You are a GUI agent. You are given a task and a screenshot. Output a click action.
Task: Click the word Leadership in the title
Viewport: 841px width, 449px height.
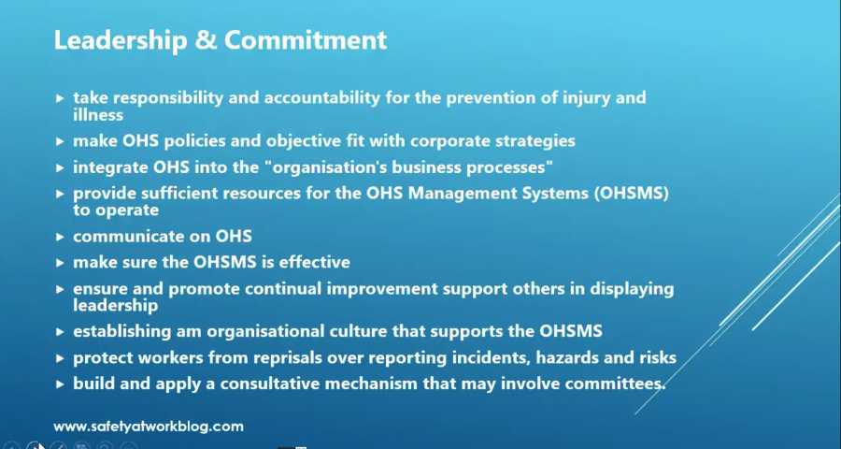[121, 40]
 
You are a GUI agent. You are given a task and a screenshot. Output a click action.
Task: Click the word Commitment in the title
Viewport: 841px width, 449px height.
[306, 39]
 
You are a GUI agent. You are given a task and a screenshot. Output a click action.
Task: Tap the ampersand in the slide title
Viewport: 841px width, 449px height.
[206, 40]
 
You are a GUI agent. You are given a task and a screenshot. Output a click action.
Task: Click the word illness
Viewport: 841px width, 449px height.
[98, 114]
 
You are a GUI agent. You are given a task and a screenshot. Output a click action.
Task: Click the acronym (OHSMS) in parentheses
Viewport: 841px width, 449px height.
[632, 194]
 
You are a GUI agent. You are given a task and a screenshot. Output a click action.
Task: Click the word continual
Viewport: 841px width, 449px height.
[282, 289]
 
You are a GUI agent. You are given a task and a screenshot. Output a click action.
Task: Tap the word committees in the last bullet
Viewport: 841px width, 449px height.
[615, 384]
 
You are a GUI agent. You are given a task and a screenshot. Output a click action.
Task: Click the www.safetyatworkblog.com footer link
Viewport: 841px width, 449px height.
[149, 427]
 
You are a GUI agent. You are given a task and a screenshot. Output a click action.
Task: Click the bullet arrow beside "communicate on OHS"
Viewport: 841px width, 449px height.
[60, 237]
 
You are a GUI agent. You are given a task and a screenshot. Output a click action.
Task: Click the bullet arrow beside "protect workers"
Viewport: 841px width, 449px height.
[60, 358]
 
